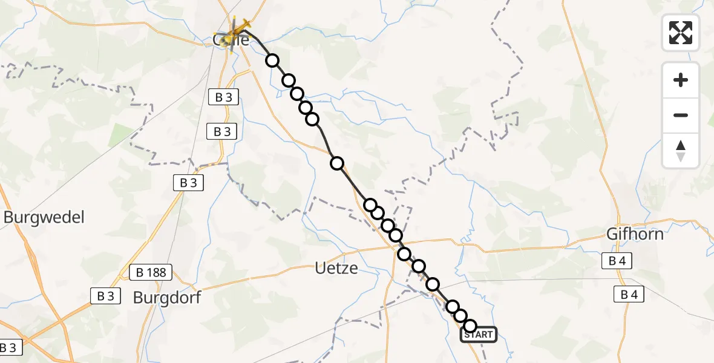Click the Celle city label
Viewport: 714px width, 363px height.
[231, 40]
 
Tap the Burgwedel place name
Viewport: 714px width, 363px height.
[44, 217]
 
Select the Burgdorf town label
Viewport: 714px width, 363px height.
[166, 298]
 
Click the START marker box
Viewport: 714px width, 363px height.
[479, 335]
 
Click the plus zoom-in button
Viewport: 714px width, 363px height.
[681, 80]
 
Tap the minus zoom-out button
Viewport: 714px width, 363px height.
[681, 115]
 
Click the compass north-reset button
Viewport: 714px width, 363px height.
[681, 151]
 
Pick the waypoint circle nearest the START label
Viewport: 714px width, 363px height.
[470, 326]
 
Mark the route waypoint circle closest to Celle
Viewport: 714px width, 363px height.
[272, 60]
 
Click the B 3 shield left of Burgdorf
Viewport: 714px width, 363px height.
[105, 296]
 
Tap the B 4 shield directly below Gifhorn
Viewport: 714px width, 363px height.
[617, 261]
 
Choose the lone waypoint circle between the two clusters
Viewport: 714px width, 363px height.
[337, 163]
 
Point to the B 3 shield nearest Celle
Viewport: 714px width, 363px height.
[223, 97]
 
